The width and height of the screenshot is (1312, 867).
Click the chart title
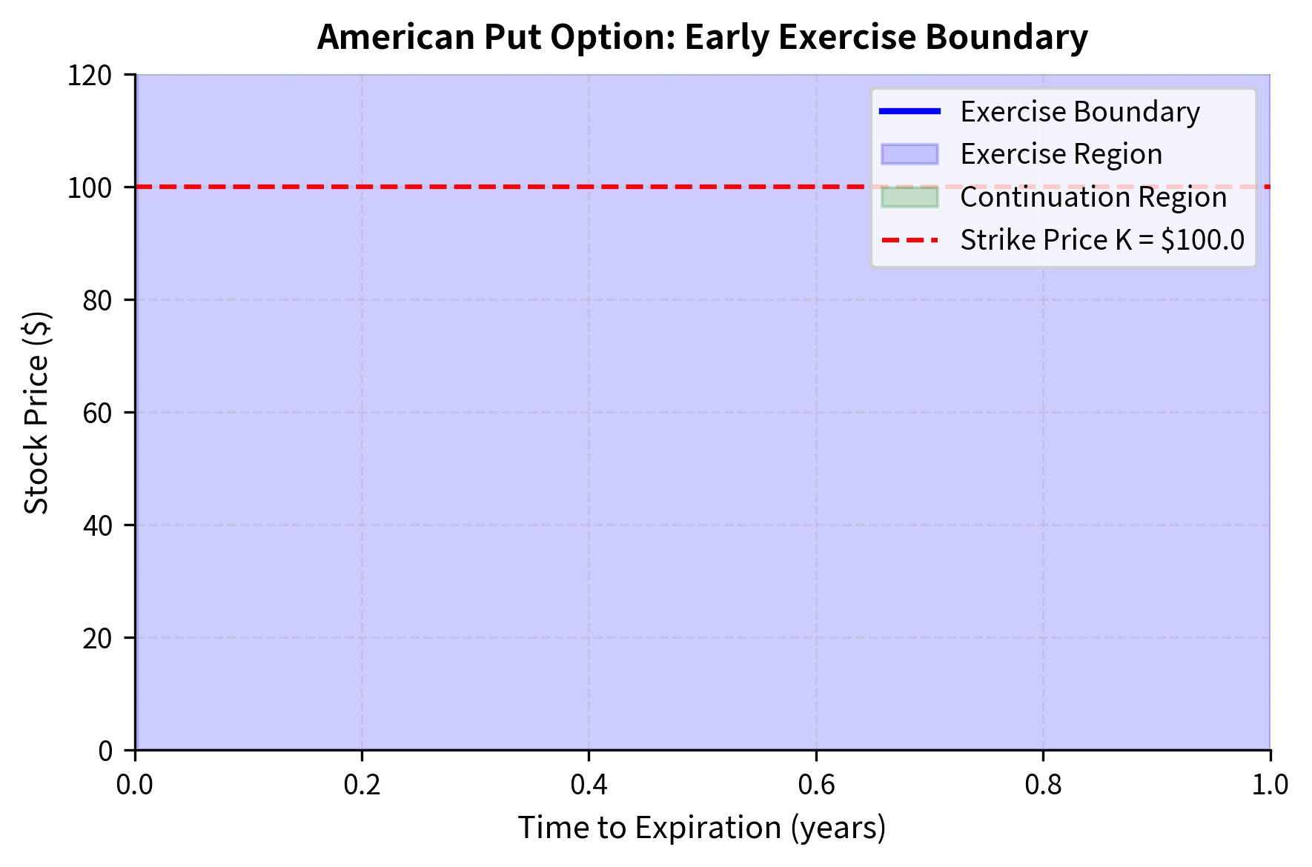pos(702,37)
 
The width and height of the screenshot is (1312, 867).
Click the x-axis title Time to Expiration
pos(702,828)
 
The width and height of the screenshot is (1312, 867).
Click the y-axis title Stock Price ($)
pos(36,412)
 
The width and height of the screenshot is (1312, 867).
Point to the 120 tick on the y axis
pos(90,75)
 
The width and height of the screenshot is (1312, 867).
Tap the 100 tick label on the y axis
pos(90,187)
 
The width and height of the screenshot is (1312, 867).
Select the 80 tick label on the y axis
pos(96,300)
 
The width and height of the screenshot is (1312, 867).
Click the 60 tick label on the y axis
pos(96,413)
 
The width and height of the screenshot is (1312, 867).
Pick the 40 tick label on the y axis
pos(96,525)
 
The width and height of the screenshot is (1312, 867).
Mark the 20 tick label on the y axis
pos(96,638)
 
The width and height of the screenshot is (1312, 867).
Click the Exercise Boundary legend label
pos(1080,112)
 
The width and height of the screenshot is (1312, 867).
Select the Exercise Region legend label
pos(1061,154)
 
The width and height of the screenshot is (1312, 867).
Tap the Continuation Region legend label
pos(1093,197)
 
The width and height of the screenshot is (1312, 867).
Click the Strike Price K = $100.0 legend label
pos(1102,240)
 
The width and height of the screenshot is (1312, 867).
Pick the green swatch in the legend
pos(910,197)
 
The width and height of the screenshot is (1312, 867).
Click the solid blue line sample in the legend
pos(910,112)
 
